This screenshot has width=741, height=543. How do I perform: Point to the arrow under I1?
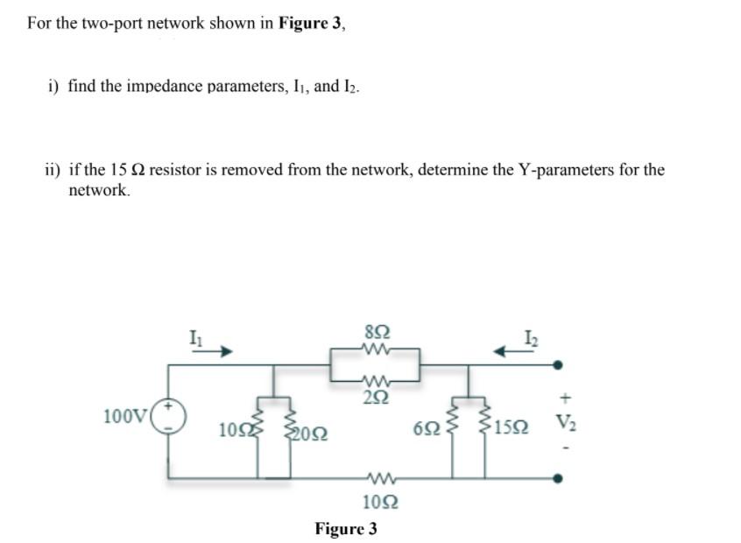pos(215,352)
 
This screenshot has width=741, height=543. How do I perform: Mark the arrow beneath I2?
pos(509,352)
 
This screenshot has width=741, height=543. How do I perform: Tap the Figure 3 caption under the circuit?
pos(346,529)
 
